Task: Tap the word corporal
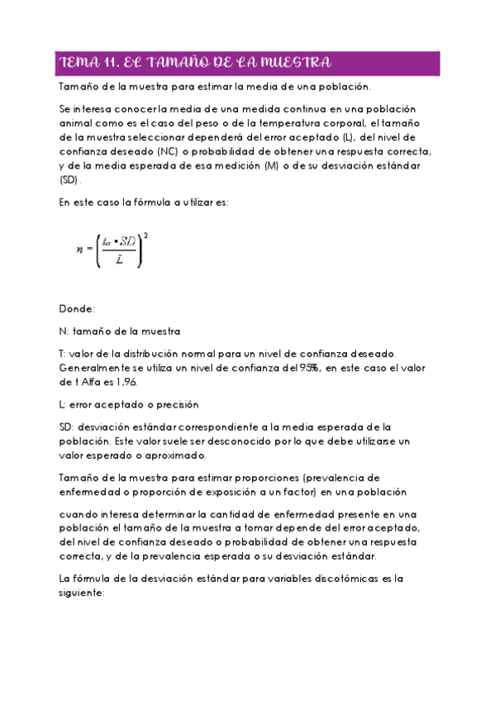pos(357,124)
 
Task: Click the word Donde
pos(77,308)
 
